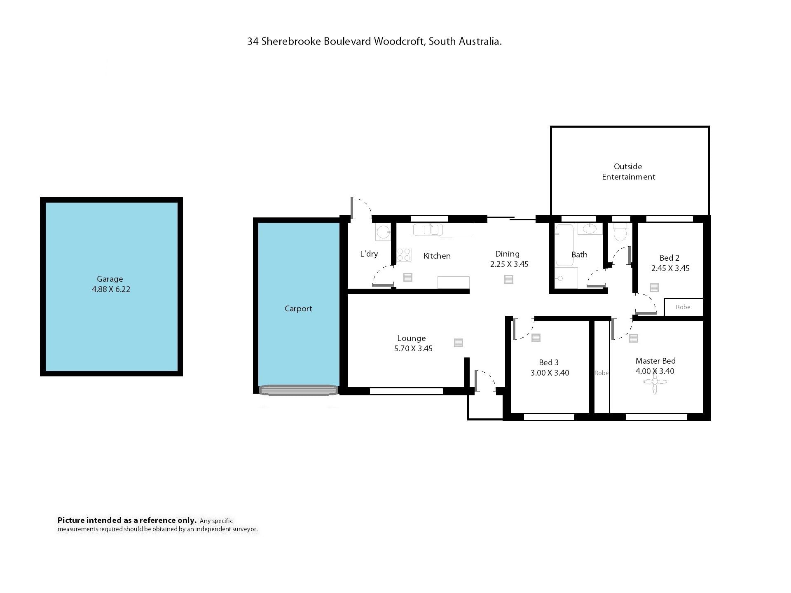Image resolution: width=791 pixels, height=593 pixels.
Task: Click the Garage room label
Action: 110,279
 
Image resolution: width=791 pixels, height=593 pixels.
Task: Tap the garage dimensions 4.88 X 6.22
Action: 111,289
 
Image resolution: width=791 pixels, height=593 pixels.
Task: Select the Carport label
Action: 298,309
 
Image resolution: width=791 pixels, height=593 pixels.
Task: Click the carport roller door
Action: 298,390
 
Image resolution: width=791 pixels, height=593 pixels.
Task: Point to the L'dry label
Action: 369,254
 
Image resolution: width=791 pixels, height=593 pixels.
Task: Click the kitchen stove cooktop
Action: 404,255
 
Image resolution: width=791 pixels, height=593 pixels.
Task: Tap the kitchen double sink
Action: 428,229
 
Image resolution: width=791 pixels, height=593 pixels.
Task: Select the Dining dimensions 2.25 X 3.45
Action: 509,264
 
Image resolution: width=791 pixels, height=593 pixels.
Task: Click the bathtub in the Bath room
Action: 564,245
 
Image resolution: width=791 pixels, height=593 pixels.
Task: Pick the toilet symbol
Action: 620,233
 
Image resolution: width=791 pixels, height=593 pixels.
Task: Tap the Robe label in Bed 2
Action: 683,307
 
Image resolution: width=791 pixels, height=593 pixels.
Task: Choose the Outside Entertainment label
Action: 628,172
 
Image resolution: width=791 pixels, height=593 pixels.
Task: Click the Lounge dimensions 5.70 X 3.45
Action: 413,349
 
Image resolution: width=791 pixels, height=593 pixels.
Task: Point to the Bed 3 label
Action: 549,362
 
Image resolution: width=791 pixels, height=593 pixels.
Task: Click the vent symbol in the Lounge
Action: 459,343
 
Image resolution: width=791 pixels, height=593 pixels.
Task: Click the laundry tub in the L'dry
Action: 383,232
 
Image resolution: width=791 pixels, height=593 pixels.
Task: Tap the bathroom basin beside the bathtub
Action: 590,229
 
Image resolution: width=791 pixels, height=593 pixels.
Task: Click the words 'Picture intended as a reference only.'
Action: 127,521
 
